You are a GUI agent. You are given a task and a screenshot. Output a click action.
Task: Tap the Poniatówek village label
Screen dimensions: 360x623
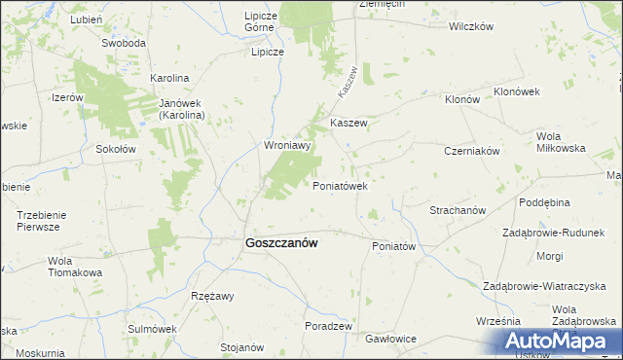click(339, 186)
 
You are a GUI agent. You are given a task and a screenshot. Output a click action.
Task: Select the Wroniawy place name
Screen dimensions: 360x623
click(287, 146)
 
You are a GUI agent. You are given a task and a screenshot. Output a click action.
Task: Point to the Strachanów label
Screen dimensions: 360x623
click(458, 210)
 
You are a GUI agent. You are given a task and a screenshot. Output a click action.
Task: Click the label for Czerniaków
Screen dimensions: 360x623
click(471, 152)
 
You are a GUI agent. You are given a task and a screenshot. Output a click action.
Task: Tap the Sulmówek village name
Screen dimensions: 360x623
click(150, 329)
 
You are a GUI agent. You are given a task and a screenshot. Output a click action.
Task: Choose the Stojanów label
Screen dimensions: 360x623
click(242, 347)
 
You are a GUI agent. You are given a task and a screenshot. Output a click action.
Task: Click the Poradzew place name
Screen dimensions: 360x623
click(327, 326)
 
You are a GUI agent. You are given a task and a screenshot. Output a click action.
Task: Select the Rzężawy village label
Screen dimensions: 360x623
click(212, 296)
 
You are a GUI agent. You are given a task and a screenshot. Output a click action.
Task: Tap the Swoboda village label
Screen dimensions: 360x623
click(124, 44)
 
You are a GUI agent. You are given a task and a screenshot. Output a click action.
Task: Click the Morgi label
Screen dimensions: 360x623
click(549, 256)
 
